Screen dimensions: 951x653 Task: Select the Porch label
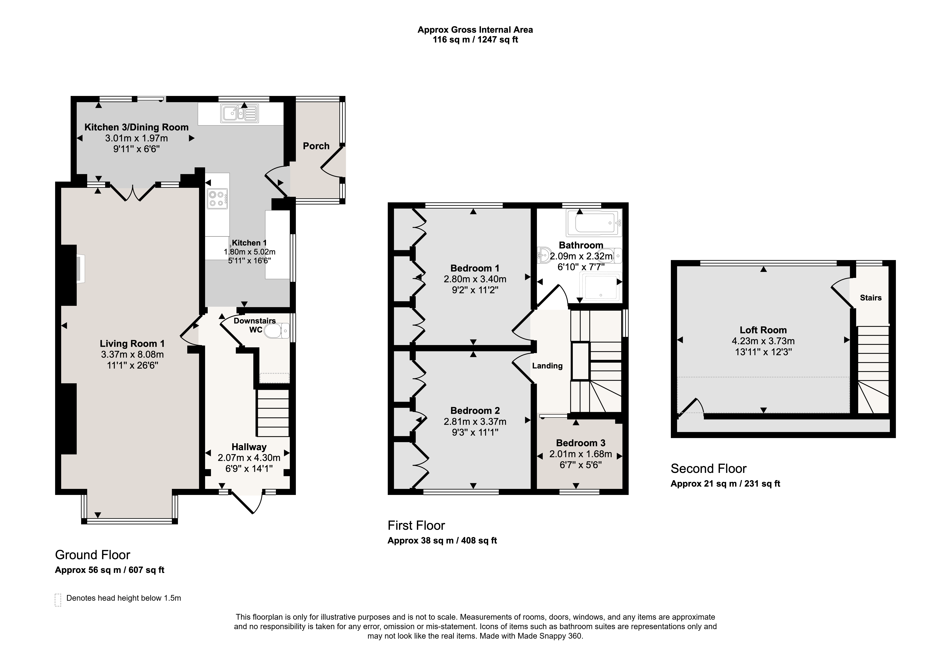click(x=316, y=146)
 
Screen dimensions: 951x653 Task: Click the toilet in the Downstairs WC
click(x=277, y=331)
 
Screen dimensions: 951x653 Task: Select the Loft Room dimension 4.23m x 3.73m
click(x=763, y=341)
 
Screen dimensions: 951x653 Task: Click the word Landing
click(x=547, y=366)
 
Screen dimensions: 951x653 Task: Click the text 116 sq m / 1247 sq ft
click(x=475, y=40)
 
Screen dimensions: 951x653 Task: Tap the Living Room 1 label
click(x=132, y=344)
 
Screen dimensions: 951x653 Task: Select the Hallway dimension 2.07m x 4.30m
click(x=249, y=458)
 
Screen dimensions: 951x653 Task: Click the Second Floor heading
click(x=708, y=468)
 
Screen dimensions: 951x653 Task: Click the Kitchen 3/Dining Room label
click(x=136, y=127)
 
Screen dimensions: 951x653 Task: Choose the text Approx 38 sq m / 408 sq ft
click(x=442, y=541)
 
